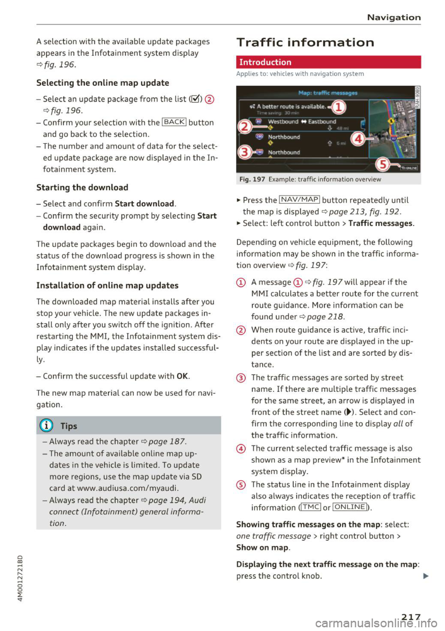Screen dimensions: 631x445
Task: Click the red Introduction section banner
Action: [x=328, y=62]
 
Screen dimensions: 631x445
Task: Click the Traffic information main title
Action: [x=305, y=43]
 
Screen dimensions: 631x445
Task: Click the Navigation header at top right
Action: [x=394, y=18]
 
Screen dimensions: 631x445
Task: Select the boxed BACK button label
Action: [x=174, y=122]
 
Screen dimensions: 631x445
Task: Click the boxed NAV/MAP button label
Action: [x=299, y=200]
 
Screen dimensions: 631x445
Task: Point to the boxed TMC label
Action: [x=311, y=507]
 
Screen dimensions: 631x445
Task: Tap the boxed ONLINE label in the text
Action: [x=350, y=507]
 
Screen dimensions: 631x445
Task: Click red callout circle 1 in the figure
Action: [x=339, y=108]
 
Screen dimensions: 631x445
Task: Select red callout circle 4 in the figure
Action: [x=357, y=139]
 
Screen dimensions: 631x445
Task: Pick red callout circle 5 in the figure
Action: [x=382, y=164]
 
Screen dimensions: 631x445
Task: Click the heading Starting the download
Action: [x=82, y=187]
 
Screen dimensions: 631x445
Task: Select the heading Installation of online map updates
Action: [x=107, y=286]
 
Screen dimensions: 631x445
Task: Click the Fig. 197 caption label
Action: [x=252, y=179]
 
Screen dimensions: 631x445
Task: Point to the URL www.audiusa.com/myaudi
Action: [x=128, y=488]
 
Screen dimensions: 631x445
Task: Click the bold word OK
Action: [x=182, y=376]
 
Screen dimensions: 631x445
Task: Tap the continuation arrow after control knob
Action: [x=426, y=576]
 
